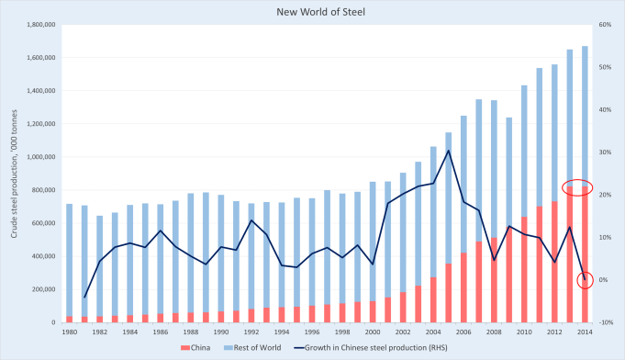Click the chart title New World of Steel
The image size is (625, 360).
tap(312, 11)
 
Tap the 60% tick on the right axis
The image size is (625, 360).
tap(604, 25)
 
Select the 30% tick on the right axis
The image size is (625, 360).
tap(604, 152)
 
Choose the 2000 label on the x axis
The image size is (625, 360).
tap(373, 331)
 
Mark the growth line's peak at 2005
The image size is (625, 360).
tap(447, 151)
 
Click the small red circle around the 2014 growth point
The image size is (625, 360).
tap(585, 280)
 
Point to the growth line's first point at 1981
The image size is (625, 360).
tap(84, 298)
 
